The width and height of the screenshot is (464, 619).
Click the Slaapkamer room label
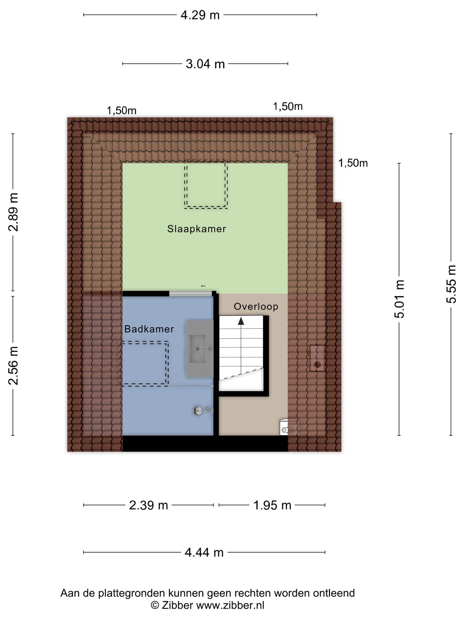pyautogui.click(x=197, y=229)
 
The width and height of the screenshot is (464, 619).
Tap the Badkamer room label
pyautogui.click(x=149, y=329)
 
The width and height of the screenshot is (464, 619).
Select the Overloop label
pyautogui.click(x=256, y=306)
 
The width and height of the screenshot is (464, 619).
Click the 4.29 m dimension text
pyautogui.click(x=200, y=15)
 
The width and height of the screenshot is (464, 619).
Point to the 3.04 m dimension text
pyautogui.click(x=205, y=64)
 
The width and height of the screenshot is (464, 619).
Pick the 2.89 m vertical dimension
pyautogui.click(x=14, y=212)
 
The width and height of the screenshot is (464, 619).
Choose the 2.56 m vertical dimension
pyautogui.click(x=14, y=366)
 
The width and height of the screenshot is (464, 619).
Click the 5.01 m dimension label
pyautogui.click(x=399, y=299)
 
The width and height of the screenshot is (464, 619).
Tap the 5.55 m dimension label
pyautogui.click(x=451, y=284)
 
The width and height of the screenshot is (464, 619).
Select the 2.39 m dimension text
pyautogui.click(x=149, y=505)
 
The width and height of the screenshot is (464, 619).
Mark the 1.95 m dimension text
pyautogui.click(x=272, y=505)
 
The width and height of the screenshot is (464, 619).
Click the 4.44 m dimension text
pyautogui.click(x=204, y=552)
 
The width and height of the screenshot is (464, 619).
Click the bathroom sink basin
pyautogui.click(x=200, y=349)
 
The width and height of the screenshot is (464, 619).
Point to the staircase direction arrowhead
pyautogui.click(x=241, y=321)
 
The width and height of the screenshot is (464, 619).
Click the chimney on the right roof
pyautogui.click(x=317, y=358)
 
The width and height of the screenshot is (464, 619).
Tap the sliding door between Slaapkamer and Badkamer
pyautogui.click(x=191, y=293)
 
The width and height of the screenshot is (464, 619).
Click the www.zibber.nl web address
pyautogui.click(x=230, y=605)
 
